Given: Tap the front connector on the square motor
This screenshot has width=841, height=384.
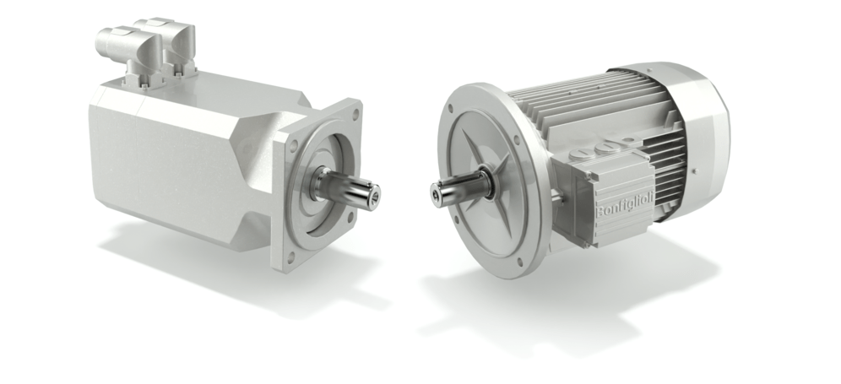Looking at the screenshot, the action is tap(129, 55).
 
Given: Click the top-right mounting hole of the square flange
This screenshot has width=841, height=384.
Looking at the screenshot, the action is tap(355, 112).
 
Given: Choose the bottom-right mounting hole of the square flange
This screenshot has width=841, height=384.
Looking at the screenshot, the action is tap(350, 218).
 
